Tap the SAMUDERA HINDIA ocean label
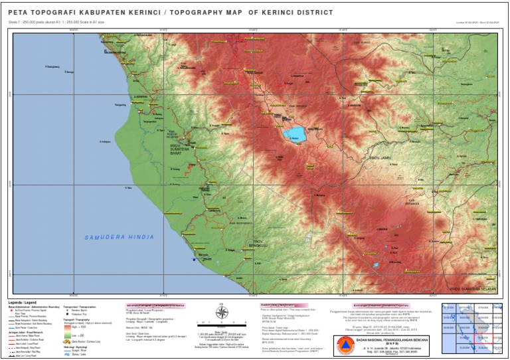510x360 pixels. point(120,237)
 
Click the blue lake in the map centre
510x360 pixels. point(295,135)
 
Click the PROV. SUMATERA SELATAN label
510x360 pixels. point(473,290)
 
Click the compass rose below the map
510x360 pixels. point(222,312)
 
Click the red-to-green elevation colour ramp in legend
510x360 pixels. point(67,329)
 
